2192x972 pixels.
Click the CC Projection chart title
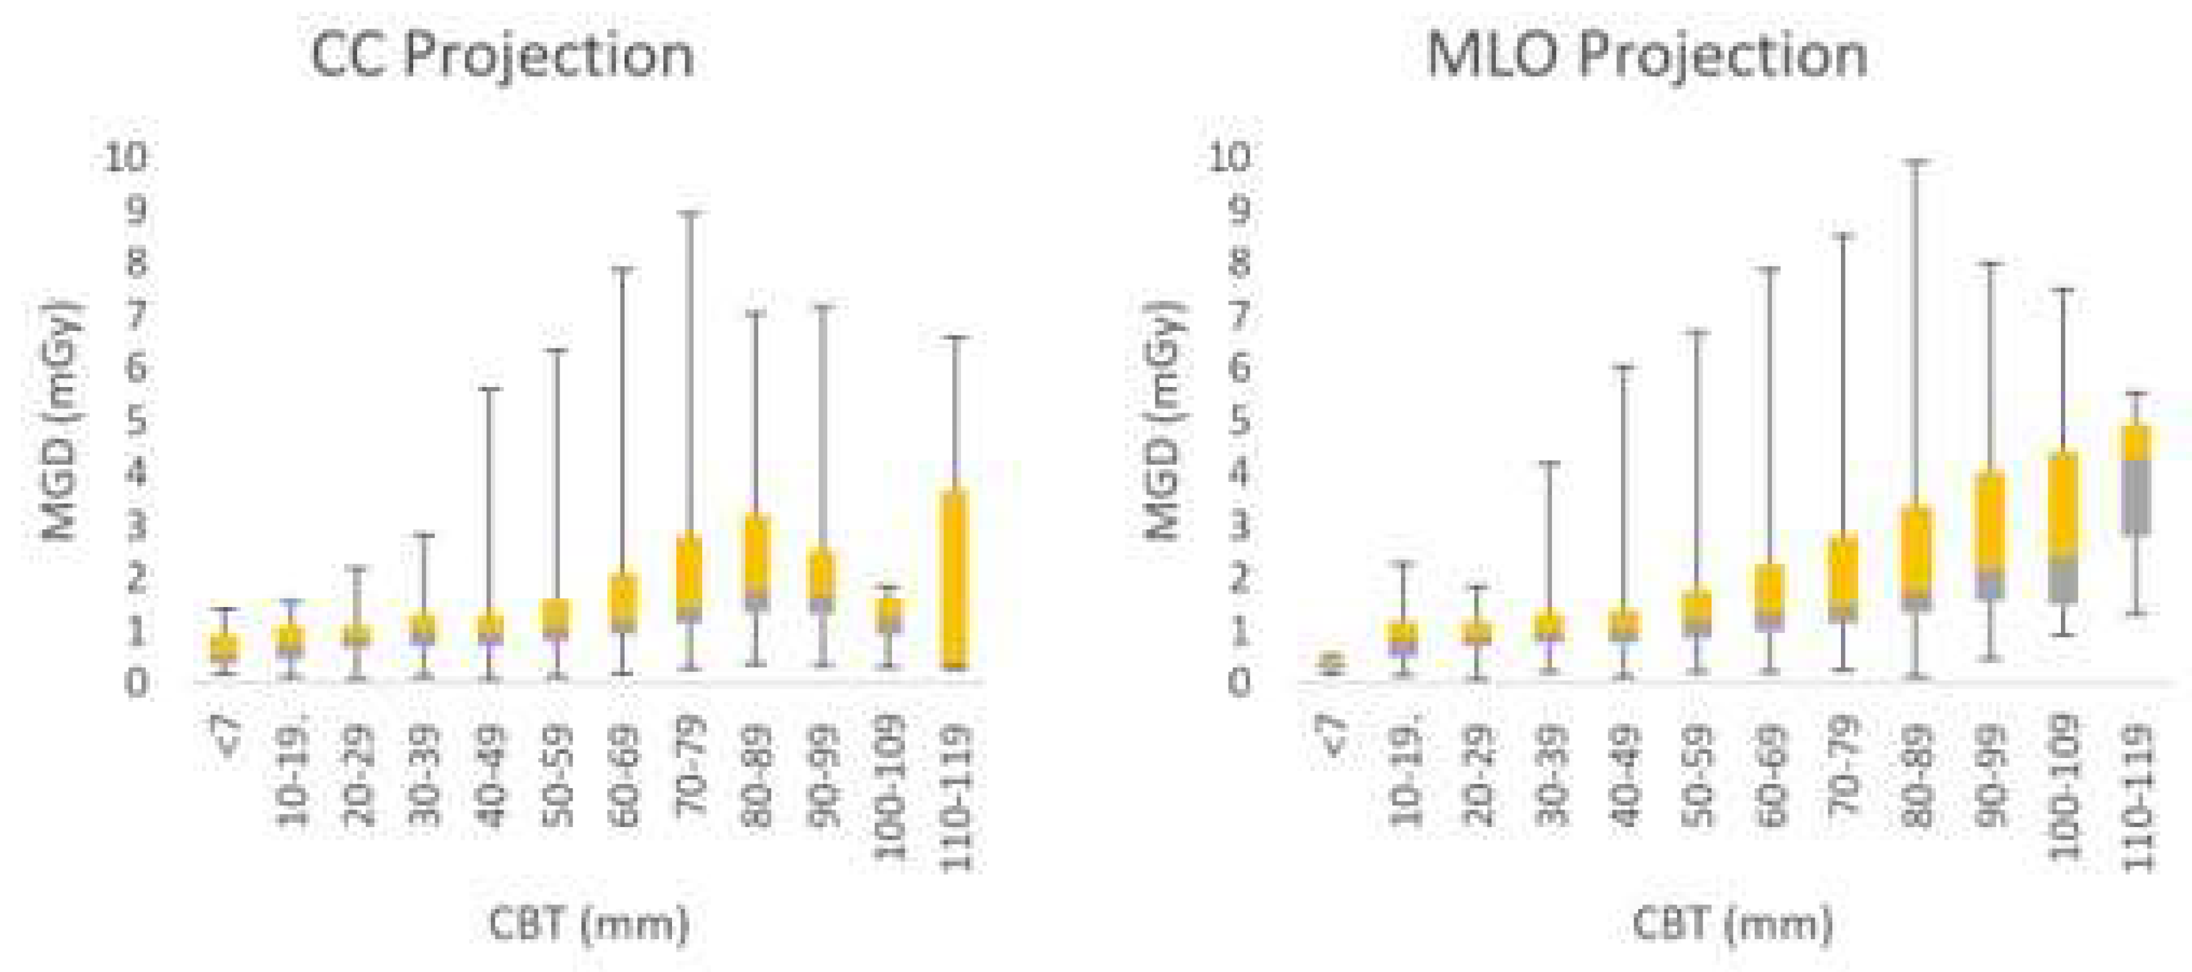pyautogui.click(x=502, y=56)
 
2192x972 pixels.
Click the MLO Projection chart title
pyautogui.click(x=1646, y=56)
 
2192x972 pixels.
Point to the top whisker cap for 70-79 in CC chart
pyautogui.click(x=692, y=213)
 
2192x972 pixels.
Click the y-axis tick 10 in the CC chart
pyautogui.click(x=125, y=157)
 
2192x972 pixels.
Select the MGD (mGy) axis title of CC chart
pyautogui.click(x=62, y=421)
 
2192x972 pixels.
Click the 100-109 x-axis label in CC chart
pyautogui.click(x=890, y=787)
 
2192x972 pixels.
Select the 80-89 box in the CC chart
pyautogui.click(x=756, y=562)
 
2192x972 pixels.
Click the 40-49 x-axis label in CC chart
pyautogui.click(x=491, y=775)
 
